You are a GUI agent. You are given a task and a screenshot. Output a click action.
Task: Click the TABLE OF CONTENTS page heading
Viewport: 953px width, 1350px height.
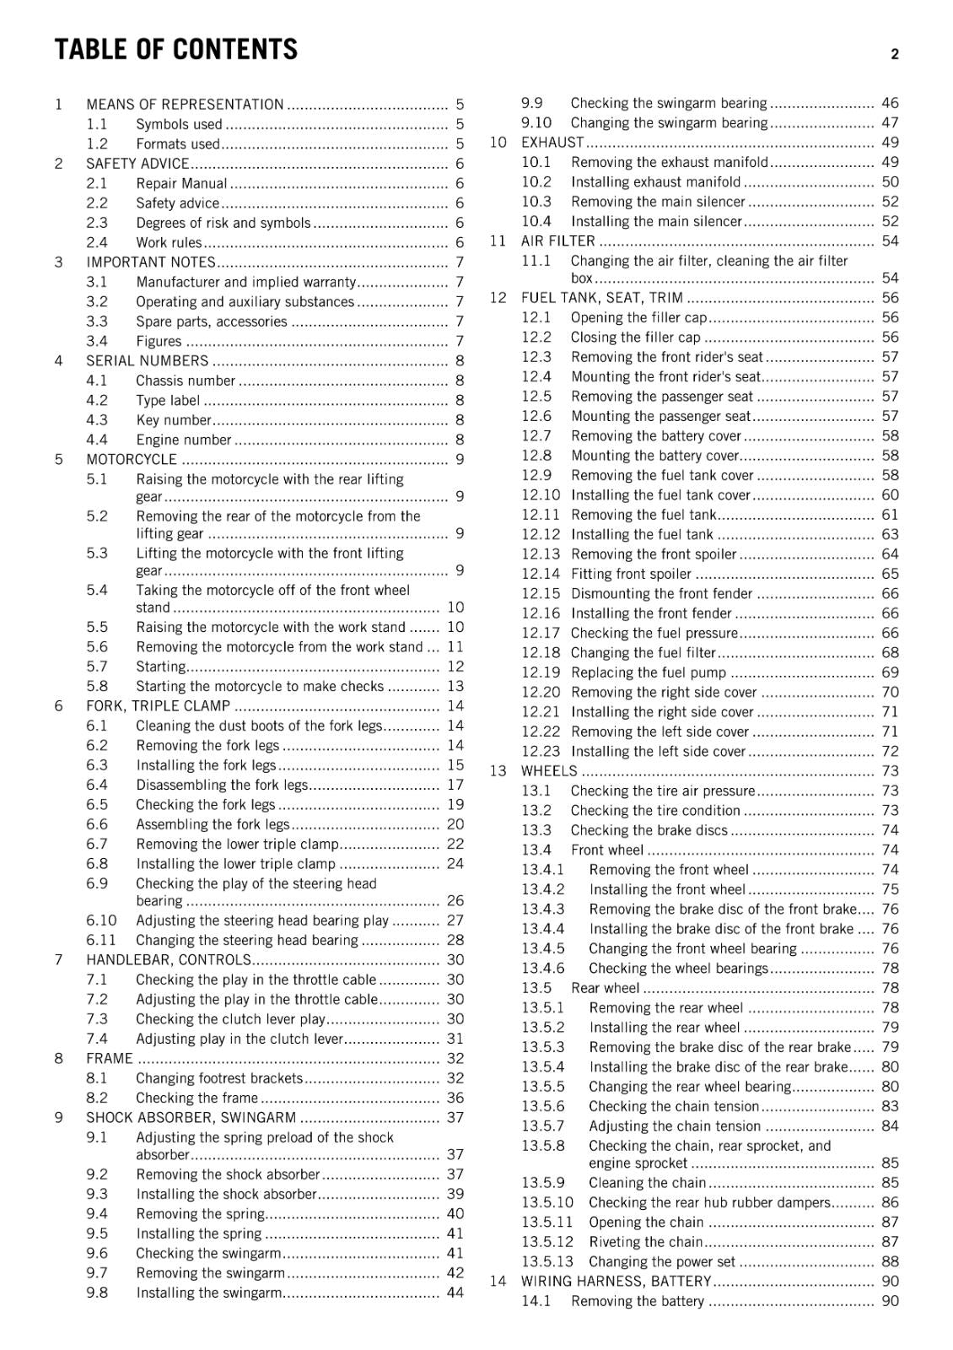[x=175, y=50]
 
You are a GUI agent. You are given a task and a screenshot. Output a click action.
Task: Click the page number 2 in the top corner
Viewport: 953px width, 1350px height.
[x=894, y=54]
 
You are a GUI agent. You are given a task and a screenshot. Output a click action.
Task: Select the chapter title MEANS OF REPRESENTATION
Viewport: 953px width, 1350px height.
[x=185, y=105]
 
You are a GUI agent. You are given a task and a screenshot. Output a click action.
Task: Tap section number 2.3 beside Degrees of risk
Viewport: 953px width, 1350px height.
[x=97, y=223]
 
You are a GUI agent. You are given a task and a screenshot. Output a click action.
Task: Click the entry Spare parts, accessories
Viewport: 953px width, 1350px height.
[x=212, y=321]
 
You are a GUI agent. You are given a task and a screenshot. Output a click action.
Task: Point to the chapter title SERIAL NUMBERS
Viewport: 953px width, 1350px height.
[x=147, y=361]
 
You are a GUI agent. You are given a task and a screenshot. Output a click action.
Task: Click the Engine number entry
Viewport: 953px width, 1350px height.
[x=183, y=440]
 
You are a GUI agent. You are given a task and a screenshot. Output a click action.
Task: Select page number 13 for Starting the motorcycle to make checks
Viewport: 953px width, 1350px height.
[x=455, y=686]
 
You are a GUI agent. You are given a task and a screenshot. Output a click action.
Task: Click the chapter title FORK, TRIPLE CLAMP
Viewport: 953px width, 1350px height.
[x=158, y=706]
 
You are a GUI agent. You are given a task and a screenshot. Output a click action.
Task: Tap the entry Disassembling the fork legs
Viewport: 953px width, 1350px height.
[x=222, y=785]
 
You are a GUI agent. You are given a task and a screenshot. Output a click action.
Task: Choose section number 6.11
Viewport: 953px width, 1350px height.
[x=101, y=940]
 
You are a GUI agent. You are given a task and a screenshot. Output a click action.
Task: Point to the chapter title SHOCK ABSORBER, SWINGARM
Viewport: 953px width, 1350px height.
[x=191, y=1117]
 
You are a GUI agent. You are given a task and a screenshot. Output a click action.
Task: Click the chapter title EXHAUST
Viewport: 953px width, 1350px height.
[x=552, y=143]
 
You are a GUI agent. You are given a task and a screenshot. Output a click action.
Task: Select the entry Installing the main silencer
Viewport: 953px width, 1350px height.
[x=656, y=221]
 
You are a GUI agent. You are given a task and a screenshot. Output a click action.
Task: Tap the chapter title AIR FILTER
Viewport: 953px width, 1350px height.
[x=557, y=241]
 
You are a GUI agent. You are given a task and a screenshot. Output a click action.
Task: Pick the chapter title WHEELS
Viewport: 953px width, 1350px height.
[x=549, y=771]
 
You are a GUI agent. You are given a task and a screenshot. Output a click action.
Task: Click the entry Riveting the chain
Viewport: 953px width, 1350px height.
[x=645, y=1242]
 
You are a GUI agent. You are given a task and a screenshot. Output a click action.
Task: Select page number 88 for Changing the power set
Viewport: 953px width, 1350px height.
[x=890, y=1261]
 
